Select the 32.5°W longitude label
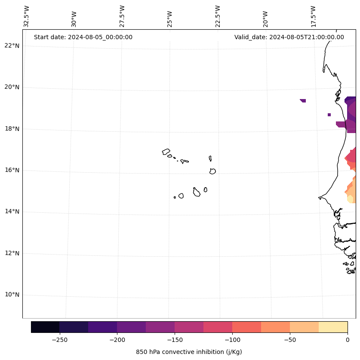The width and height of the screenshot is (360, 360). point(27,16)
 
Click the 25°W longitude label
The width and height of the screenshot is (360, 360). point(170,16)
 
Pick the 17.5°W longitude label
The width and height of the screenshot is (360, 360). point(313,16)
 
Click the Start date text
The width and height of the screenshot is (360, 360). point(83,37)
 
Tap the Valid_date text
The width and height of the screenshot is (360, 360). point(289,37)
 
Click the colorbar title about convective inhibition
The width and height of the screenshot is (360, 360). point(189,352)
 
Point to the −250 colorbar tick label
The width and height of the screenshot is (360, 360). point(59,340)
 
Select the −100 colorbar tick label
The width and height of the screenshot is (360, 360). point(232,340)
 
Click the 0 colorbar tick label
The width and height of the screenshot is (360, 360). point(347,340)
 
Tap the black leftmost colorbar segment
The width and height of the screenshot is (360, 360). point(45,327)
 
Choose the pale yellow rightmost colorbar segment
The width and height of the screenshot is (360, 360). point(333,327)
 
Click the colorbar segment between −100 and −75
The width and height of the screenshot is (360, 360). point(246,327)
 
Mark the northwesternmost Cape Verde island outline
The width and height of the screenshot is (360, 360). point(166,152)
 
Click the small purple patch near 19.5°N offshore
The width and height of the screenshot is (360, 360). point(303,100)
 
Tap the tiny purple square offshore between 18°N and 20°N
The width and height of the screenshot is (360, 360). point(329,115)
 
